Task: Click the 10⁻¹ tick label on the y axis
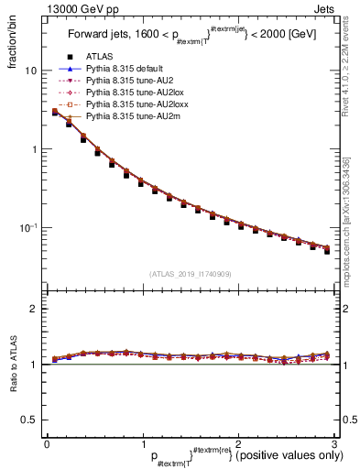coord(29,227)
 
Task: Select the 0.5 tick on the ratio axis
coord(29,420)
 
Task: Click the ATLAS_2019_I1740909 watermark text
coord(189,274)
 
